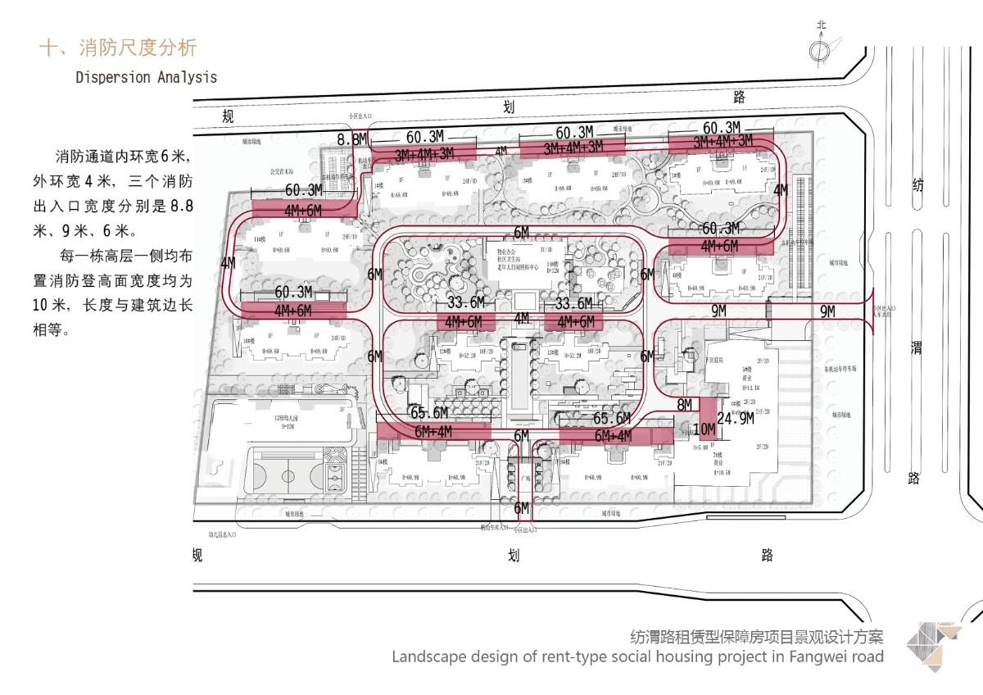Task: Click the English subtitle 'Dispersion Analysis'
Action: [x=146, y=77]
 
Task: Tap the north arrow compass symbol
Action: [x=820, y=51]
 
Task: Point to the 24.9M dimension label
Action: [x=735, y=418]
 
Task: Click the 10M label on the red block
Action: [x=704, y=429]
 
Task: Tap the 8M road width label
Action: [x=685, y=405]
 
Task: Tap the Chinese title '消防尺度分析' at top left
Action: [x=137, y=47]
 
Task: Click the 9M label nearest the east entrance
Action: [x=827, y=311]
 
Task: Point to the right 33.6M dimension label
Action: [x=573, y=304]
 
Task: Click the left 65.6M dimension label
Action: [x=430, y=413]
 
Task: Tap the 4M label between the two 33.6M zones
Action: [x=521, y=318]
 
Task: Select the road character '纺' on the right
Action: [x=916, y=186]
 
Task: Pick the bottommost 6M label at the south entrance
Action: [x=521, y=509]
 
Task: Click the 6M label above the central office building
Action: [x=521, y=233]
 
